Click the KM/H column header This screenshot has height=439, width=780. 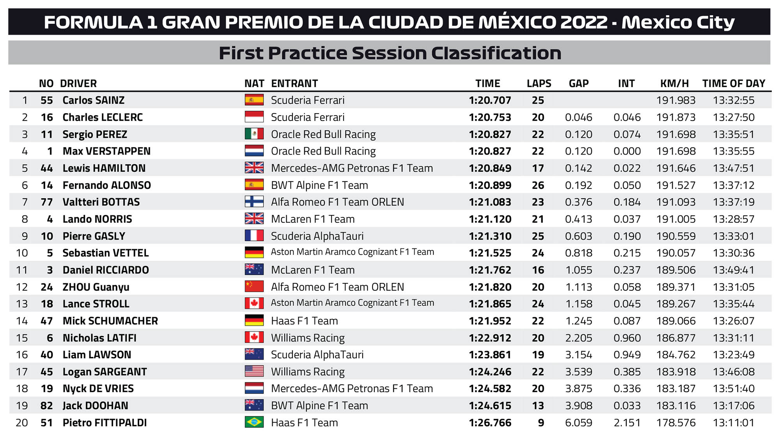[674, 84]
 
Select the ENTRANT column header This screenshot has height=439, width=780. [294, 84]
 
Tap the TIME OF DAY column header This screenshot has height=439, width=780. [734, 84]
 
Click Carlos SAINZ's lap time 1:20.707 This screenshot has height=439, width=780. [490, 100]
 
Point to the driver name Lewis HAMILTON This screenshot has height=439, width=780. [104, 168]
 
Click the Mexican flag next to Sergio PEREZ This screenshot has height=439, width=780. [254, 134]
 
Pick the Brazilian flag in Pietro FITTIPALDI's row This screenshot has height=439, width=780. [254, 422]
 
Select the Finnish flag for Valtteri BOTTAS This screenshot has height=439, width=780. [254, 202]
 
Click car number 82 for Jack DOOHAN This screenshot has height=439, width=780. [46, 405]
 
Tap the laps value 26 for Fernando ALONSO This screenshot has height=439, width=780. [538, 185]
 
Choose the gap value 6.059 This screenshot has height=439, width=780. [578, 423]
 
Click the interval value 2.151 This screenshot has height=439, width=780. [627, 423]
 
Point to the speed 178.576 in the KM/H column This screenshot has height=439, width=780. [675, 423]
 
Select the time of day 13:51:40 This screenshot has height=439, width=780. [734, 389]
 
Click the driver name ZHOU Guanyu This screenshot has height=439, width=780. [96, 287]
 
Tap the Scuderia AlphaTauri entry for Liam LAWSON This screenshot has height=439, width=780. [317, 355]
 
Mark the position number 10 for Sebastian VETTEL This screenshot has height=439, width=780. [22, 253]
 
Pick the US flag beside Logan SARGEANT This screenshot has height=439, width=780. [254, 371]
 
